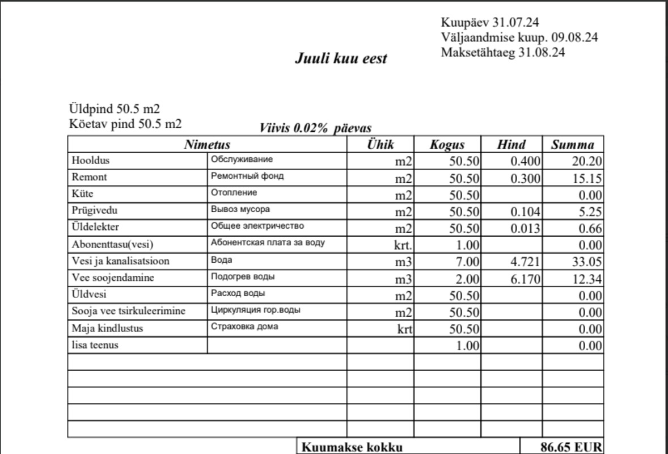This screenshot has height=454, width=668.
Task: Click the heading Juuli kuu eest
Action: pos(341,58)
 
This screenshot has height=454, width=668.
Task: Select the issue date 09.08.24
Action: pos(574,37)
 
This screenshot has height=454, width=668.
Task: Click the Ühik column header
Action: pos(380,144)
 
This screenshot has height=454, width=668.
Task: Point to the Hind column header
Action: pos(511,145)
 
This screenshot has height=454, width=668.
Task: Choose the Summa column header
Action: pos(573,145)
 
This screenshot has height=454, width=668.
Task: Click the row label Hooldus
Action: pos(90,161)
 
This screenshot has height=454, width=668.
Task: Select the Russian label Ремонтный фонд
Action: pos(247,176)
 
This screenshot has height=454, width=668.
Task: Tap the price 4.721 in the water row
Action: pos(526,262)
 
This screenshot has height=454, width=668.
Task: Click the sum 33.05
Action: pos(587,262)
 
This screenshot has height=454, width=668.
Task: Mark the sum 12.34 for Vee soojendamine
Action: pos(587,279)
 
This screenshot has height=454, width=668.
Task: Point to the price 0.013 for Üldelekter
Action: pos(526,229)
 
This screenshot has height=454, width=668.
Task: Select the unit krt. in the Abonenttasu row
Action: pos(403,246)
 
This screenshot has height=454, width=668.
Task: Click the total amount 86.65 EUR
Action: pos(570,447)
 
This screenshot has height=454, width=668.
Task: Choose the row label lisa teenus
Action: pos(95,344)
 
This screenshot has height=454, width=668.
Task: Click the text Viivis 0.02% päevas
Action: pos(315,128)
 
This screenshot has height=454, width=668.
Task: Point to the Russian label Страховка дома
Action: pos(244,327)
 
